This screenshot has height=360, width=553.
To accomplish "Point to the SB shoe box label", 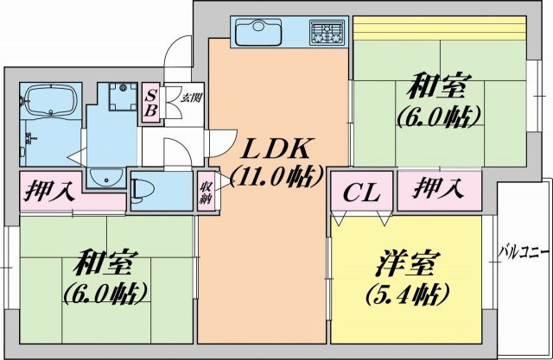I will coord(149,103).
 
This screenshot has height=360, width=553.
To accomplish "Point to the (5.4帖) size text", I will coord(404,292).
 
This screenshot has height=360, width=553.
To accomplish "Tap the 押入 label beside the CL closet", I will coord(434,186).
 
